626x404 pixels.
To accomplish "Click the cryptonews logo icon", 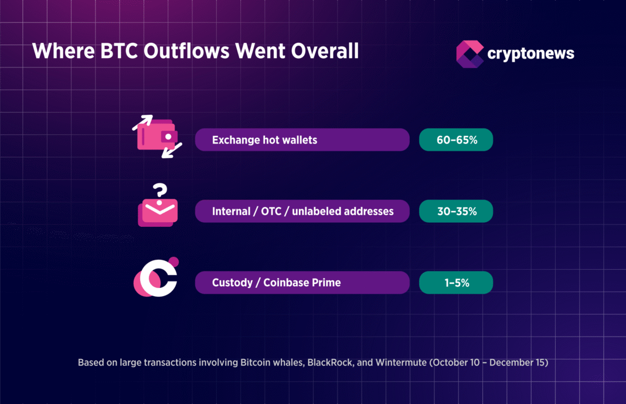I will point(469,54).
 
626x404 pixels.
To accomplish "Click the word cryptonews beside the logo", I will point(530,54).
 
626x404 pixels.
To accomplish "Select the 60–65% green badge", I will point(456,140).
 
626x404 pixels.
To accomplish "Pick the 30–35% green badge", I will point(456,211).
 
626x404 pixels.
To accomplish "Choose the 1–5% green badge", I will point(456,283).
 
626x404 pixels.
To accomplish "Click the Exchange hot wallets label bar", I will point(302,140).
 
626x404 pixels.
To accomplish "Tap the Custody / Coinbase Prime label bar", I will point(302,283).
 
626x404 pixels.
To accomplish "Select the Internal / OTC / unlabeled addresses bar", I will point(302,211).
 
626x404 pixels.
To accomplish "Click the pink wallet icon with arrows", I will point(156,136).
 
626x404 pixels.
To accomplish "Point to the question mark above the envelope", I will point(159,191).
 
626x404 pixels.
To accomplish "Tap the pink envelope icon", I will point(158,213).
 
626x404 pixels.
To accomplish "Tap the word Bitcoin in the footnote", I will point(256,362).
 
